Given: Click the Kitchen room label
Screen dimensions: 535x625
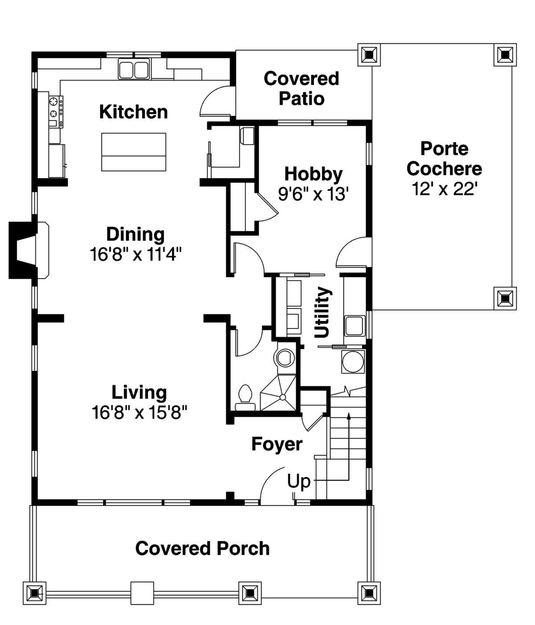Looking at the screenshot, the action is tap(133, 112).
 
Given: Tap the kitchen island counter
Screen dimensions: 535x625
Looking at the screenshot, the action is tap(134, 152).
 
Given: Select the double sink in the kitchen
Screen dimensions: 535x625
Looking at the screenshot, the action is tap(134, 70).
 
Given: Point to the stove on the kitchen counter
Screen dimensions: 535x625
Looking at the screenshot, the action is tap(56, 111).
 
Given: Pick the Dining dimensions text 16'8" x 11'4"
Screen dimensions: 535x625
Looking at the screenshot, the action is tap(136, 254).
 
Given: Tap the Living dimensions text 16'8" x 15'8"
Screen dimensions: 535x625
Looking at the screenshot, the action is tap(140, 412).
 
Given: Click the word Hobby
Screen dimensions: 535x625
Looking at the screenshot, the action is tap(313, 175).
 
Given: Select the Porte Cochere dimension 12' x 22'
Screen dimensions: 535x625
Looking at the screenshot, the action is tap(444, 189).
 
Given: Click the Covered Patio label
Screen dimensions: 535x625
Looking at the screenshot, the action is tap(301, 88).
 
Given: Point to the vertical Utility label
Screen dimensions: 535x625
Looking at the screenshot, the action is tap(322, 312).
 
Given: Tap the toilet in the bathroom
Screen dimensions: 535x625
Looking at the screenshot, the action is tap(245, 398).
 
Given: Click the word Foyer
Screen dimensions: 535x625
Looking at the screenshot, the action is tap(277, 444).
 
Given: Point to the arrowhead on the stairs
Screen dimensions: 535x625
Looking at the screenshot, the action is tap(349, 416).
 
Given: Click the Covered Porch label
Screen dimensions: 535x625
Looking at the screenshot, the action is tap(202, 548).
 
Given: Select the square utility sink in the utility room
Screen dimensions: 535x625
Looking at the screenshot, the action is tap(354, 326).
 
